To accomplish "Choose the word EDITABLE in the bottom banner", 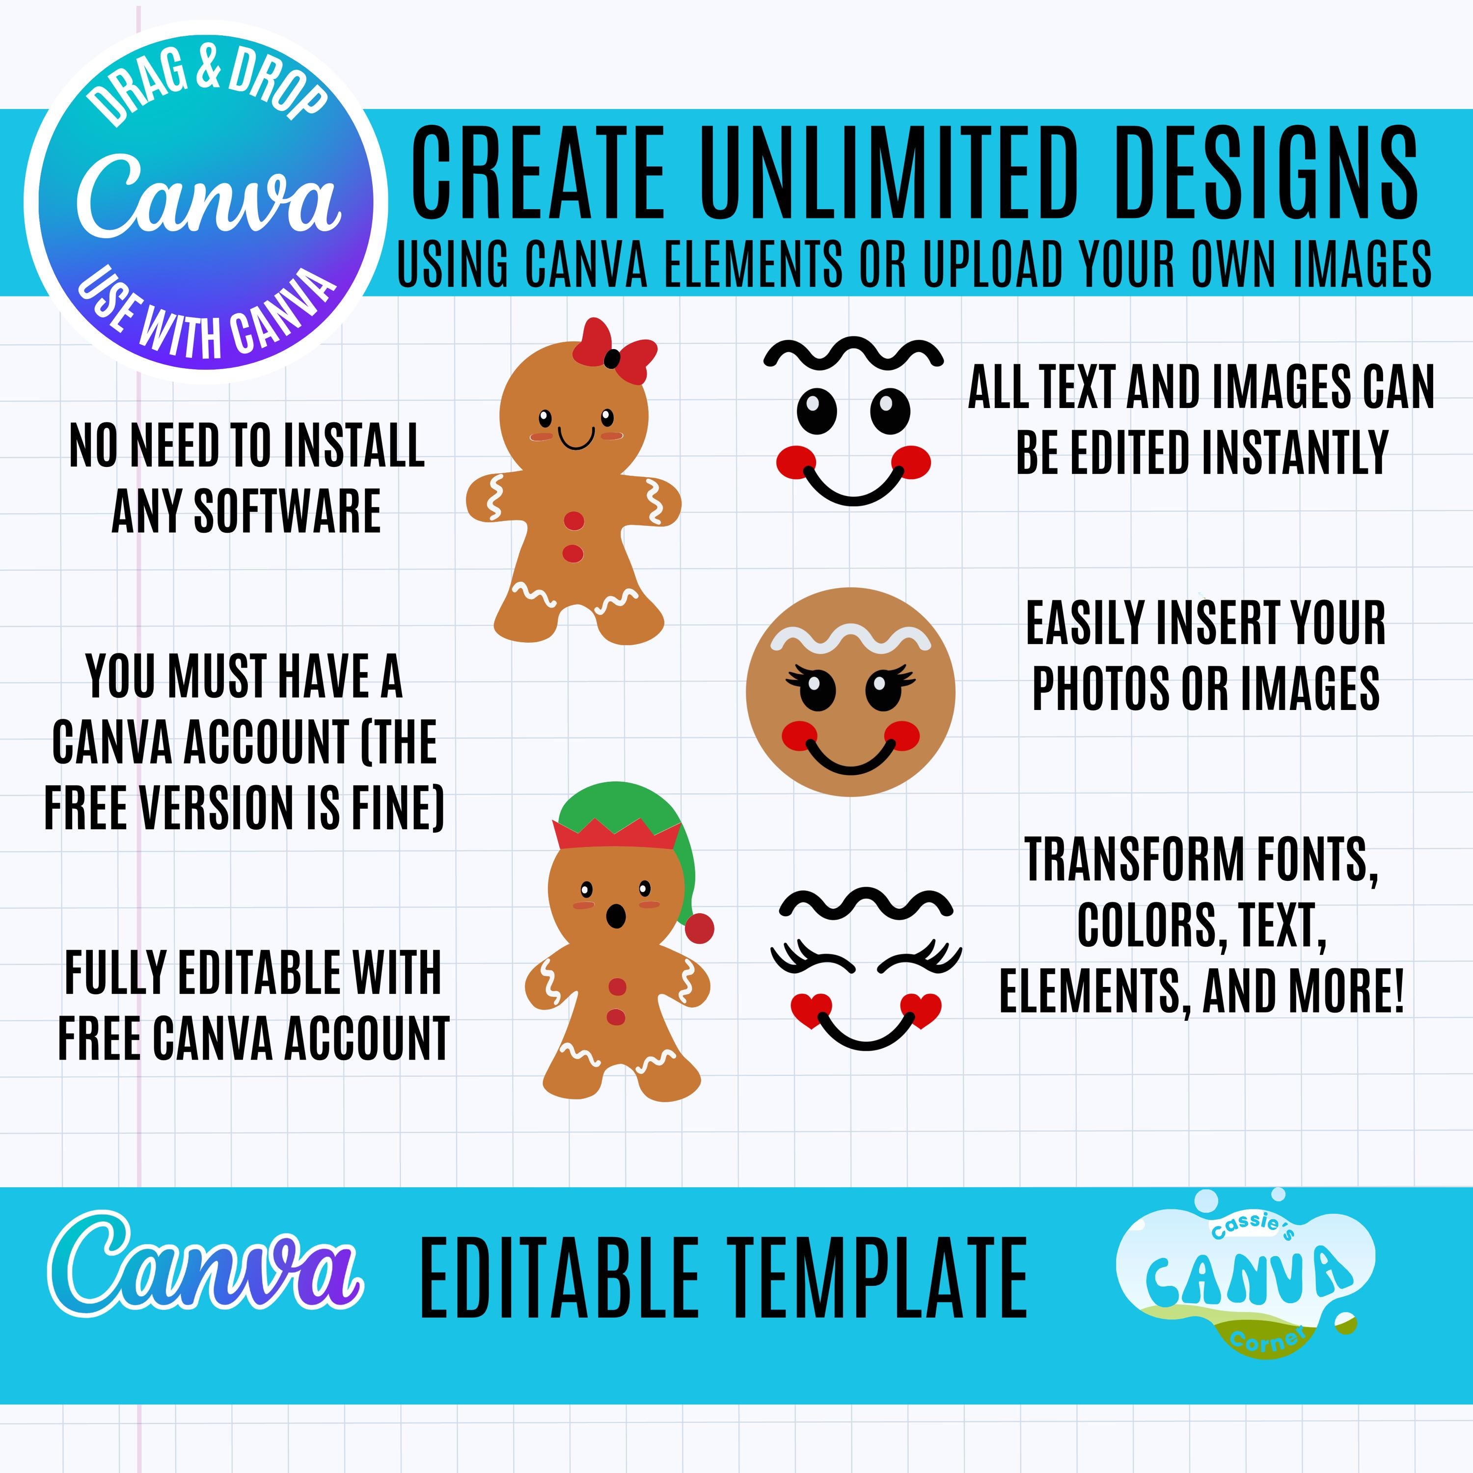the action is (x=559, y=1278).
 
